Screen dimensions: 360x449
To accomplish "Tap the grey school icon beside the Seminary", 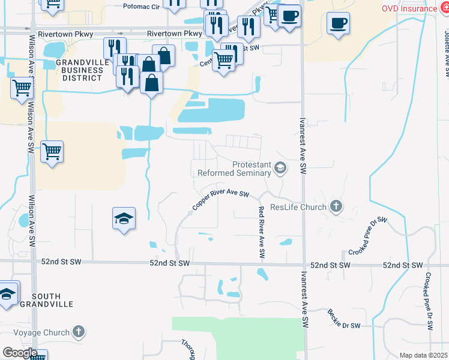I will pos(280,169).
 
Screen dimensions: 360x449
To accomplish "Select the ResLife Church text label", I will pos(298,208).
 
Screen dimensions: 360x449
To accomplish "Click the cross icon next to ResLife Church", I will pos(336,208).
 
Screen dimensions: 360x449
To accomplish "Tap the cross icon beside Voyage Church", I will pos(79,331).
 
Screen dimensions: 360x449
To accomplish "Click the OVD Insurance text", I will pos(410,8).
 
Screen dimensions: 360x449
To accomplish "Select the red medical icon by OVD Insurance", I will pos(444,8).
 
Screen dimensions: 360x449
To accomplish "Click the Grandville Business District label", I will pos(79,70).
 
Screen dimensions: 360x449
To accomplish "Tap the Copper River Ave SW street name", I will pos(220,200).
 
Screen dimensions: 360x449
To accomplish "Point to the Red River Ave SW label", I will pos(261,232).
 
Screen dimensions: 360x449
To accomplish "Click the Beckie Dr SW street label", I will pos(343,319).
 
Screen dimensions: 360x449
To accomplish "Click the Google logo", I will pos(19,353).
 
